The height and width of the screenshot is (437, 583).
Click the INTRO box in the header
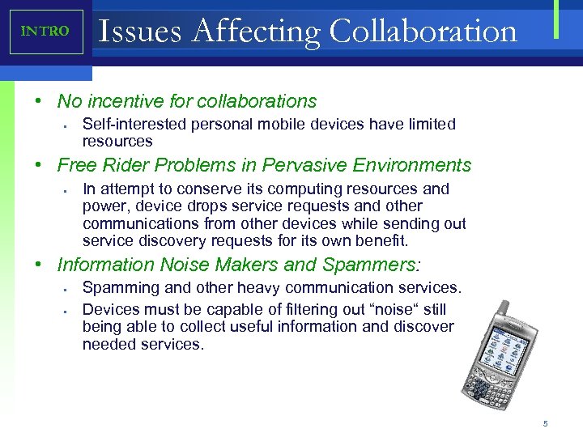point(46,32)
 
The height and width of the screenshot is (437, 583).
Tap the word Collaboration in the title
point(423,32)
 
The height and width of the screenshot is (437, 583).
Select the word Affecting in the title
point(259,32)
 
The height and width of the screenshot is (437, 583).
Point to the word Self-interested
point(130,125)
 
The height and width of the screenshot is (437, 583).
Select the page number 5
point(546,423)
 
